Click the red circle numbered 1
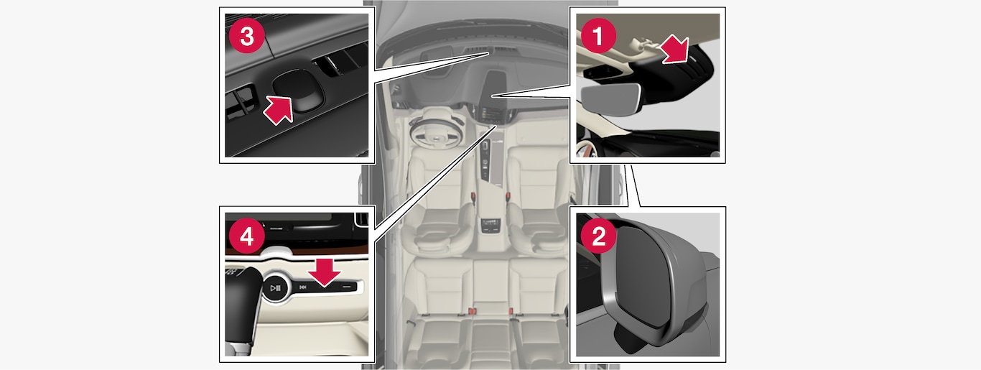click(598, 36)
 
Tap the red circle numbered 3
click(247, 36)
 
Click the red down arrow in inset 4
click(324, 272)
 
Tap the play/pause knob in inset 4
click(276, 287)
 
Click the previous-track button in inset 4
click(302, 287)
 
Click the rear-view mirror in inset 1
click(610, 101)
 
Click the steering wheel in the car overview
click(435, 132)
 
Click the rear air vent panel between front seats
click(490, 226)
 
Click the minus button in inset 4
click(347, 287)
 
